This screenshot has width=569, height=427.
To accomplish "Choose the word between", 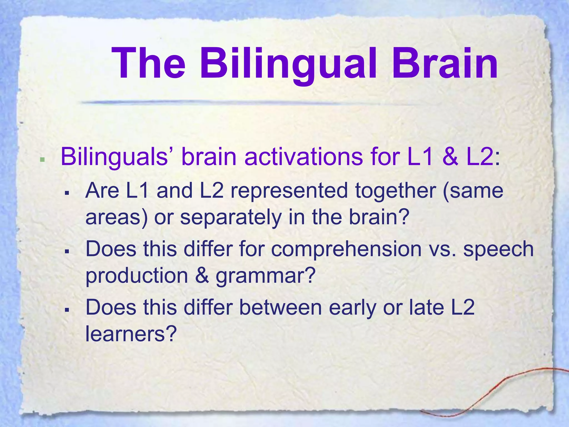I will coord(280,307).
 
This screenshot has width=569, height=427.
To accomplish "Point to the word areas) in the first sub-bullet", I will coord(116,217).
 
